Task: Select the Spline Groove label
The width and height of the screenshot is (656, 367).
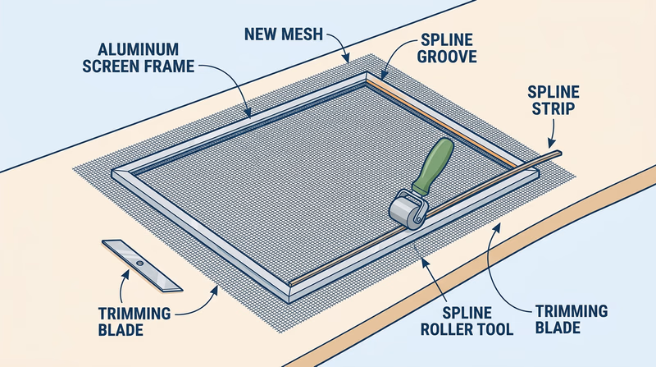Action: click(447, 50)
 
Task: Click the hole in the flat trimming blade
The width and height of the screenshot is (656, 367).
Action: click(139, 264)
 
